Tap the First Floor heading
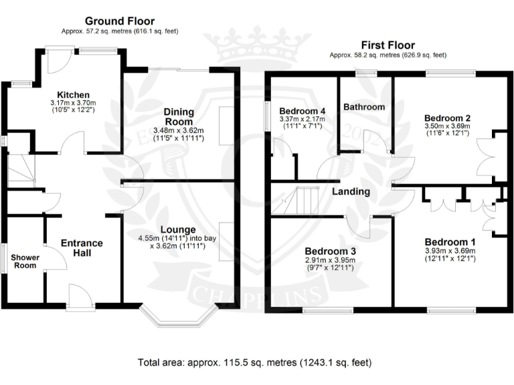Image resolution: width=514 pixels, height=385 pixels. click(x=387, y=44)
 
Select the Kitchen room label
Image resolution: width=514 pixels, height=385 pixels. click(x=73, y=95)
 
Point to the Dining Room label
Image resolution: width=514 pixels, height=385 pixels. click(x=179, y=116)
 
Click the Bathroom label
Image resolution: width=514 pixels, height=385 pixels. click(x=364, y=107)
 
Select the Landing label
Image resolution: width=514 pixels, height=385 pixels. click(x=351, y=192)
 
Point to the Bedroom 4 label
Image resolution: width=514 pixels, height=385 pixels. click(x=303, y=111)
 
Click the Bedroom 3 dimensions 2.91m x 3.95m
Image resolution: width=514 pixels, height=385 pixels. click(x=327, y=260)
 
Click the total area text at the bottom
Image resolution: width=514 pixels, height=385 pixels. click(x=254, y=363)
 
